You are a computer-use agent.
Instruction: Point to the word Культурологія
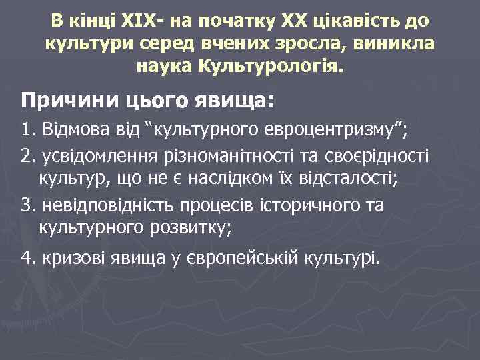(271, 67)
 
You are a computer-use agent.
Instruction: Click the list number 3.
(26, 205)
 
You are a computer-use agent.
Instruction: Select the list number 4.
(26, 258)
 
